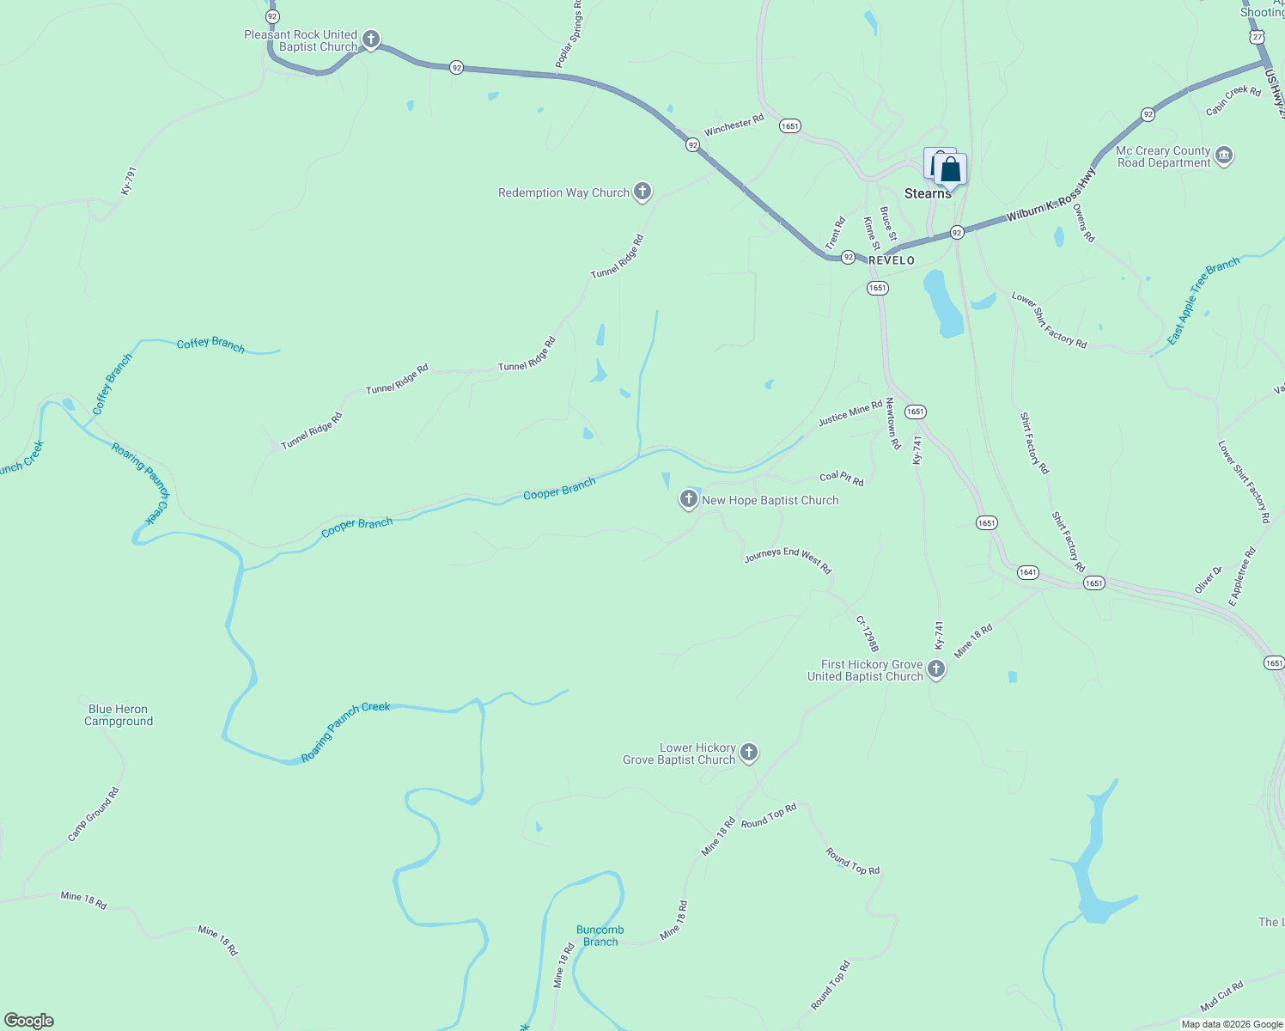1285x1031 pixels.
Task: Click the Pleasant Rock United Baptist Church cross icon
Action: [x=371, y=40]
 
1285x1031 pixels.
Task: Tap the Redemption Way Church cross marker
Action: [x=642, y=192]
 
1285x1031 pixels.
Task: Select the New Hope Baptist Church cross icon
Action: [x=688, y=499]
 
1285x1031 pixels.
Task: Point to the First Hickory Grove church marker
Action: [x=936, y=669]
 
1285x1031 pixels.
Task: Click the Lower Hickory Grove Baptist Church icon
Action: [x=749, y=753]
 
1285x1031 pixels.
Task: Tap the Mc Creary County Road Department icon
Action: [x=1224, y=156]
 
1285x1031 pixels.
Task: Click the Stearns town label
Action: [x=928, y=194]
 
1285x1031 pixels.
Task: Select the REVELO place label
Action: [x=892, y=260]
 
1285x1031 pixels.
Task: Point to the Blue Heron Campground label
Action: [x=119, y=716]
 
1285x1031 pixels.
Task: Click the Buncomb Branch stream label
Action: [x=600, y=936]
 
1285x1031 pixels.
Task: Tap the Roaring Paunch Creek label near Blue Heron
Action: [x=345, y=732]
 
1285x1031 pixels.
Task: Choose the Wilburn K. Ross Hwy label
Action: [x=1051, y=196]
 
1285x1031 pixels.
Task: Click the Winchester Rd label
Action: [x=734, y=125]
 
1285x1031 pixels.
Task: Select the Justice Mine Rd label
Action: [x=850, y=413]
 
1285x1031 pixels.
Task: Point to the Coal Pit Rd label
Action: [x=842, y=478]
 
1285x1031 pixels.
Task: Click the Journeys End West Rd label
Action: [x=788, y=561]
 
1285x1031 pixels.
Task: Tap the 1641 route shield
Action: [x=1027, y=572]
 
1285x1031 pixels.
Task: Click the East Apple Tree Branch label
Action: [x=1203, y=302]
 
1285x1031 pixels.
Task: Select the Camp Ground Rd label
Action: [x=94, y=814]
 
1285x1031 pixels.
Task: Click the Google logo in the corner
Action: [x=29, y=1021]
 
